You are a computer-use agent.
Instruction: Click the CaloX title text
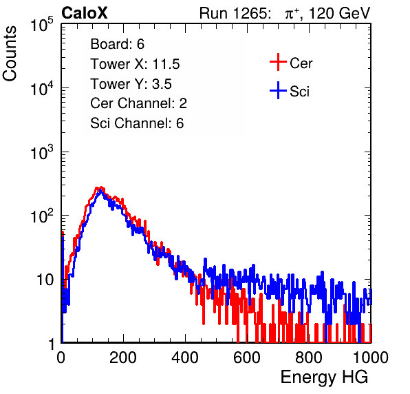(84, 13)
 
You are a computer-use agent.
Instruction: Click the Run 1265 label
(235, 13)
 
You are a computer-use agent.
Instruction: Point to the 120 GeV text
(340, 13)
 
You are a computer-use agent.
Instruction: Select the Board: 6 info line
(117, 44)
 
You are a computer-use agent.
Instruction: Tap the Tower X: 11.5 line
(135, 64)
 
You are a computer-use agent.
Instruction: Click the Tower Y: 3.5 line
(131, 84)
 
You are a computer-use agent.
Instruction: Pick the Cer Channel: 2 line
(138, 103)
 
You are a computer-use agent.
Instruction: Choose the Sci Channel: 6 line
(137, 123)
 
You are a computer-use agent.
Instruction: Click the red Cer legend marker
(278, 62)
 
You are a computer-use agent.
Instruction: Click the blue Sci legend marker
(278, 90)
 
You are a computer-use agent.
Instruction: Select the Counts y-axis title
(10, 54)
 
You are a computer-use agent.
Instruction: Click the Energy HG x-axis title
(324, 377)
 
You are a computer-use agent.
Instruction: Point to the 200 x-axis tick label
(123, 357)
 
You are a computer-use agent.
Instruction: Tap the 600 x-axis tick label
(247, 357)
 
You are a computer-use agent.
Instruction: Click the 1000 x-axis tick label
(371, 357)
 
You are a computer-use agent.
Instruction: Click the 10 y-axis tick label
(45, 280)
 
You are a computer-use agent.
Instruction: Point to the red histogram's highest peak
(100, 187)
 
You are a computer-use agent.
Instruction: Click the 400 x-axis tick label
(185, 357)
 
